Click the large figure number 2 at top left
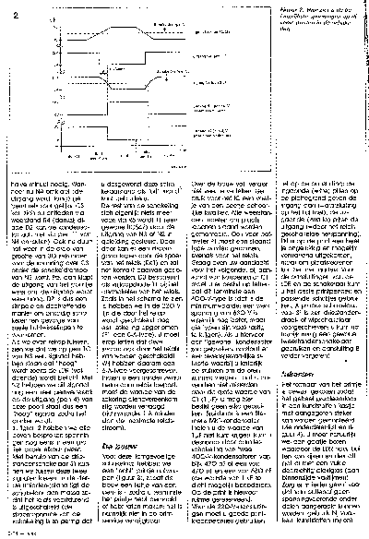pos(13,12)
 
